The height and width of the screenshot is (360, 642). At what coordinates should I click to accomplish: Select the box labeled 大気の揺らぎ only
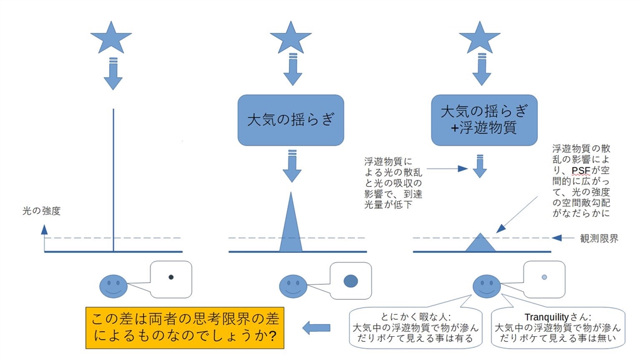290,120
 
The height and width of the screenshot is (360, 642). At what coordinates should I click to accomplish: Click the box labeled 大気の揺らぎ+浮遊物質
483,120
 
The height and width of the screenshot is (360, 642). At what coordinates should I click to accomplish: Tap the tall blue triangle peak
290,229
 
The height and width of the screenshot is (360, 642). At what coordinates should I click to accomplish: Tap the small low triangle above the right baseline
480,243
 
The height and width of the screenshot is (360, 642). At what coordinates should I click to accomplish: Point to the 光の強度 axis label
41,211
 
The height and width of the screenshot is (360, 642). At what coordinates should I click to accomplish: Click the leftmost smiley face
113,286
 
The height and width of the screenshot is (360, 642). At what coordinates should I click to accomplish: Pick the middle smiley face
293,286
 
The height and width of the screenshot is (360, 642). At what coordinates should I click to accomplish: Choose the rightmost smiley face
487,286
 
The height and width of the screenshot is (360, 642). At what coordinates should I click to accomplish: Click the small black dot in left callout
171,276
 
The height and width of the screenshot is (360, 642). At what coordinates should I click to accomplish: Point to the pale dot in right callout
544,277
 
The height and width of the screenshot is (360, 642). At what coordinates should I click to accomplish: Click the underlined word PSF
580,171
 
